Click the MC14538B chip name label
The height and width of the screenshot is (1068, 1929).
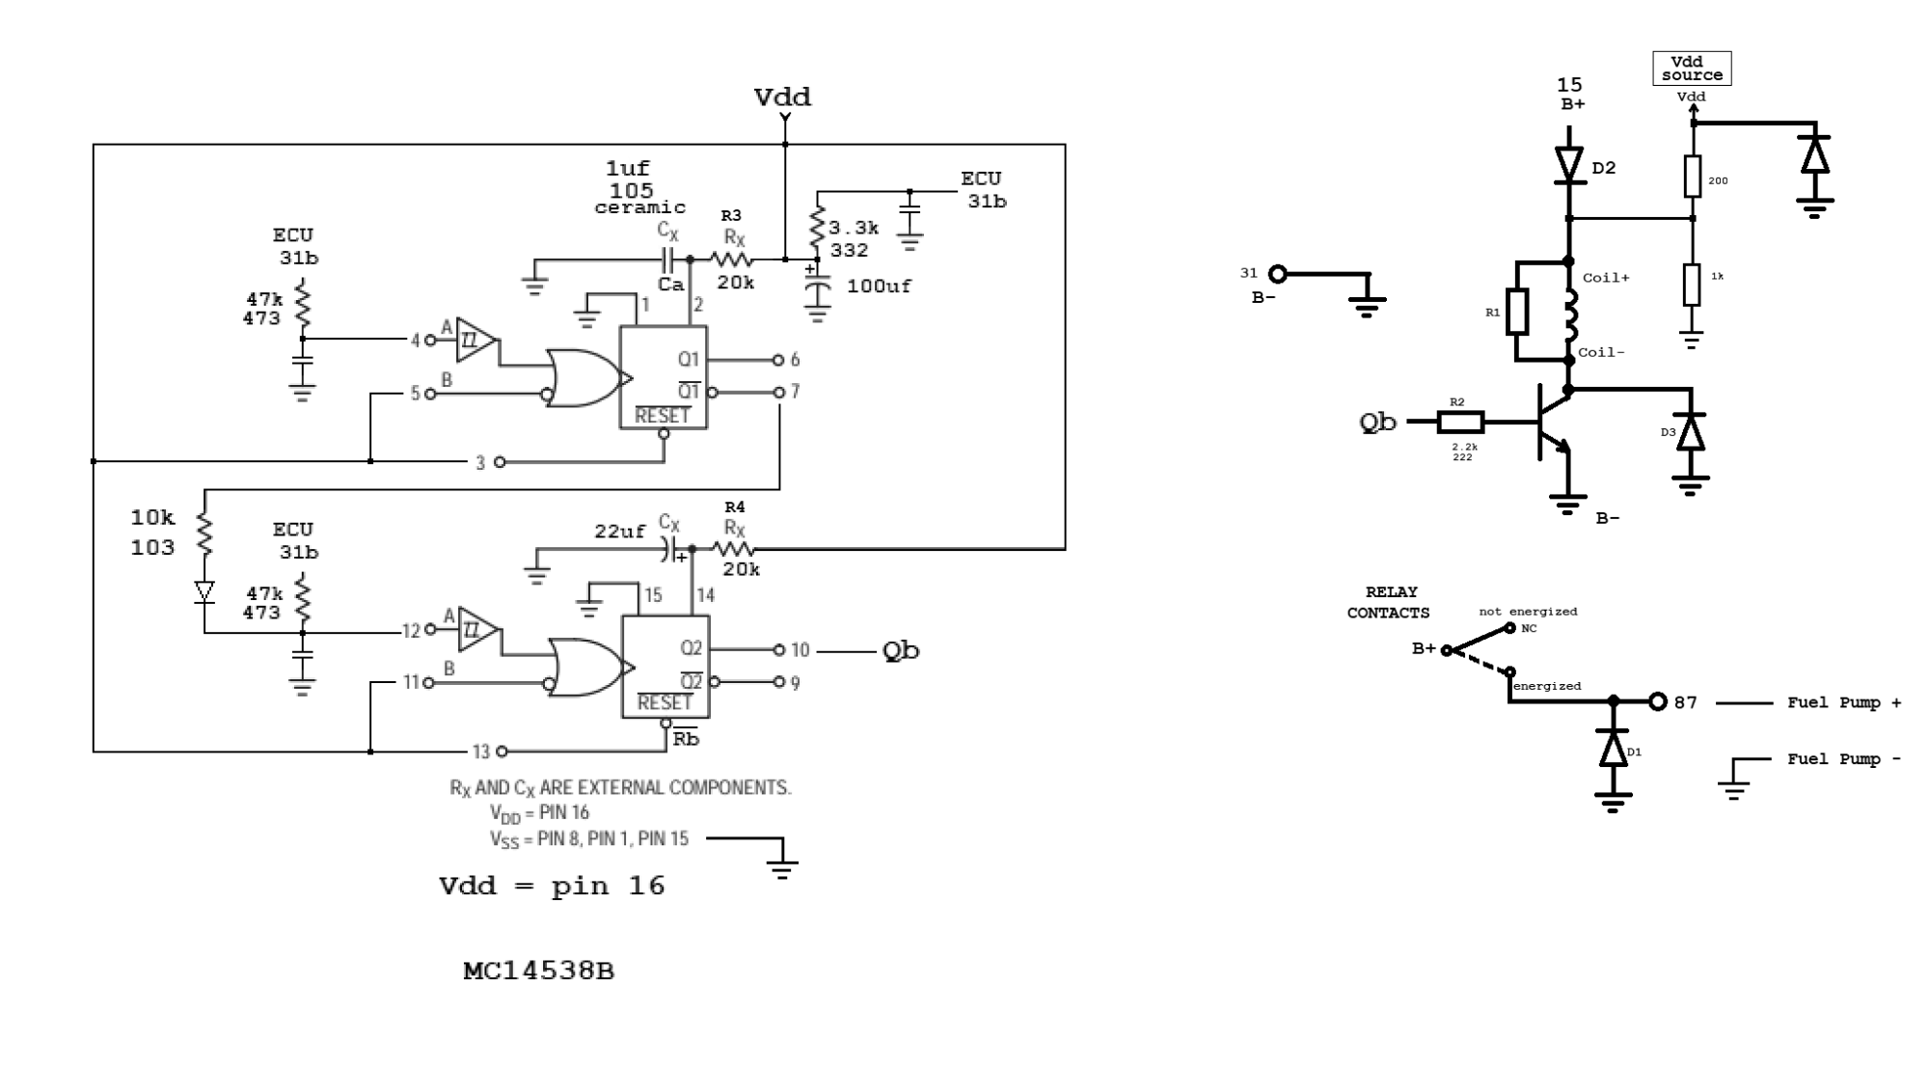538,971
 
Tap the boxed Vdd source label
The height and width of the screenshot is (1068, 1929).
1692,68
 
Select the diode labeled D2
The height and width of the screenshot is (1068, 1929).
1569,166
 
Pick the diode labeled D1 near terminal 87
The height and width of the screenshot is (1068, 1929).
1613,749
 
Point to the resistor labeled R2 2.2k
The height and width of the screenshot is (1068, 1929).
1460,422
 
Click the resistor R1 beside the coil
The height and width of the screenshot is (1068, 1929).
1517,312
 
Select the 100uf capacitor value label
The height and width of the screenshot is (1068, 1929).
878,287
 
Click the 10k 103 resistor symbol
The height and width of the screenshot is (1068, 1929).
204,534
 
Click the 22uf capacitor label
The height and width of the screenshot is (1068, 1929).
619,532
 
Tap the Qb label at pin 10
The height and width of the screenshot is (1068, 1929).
901,651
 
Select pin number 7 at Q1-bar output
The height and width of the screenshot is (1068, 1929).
795,392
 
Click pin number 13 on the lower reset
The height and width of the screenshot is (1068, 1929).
481,752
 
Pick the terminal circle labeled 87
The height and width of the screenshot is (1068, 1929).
1657,701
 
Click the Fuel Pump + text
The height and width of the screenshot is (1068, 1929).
1843,702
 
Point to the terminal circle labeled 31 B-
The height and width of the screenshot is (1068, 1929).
1277,274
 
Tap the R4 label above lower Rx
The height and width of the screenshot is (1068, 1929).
734,507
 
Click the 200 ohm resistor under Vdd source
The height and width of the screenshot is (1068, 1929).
1692,177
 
